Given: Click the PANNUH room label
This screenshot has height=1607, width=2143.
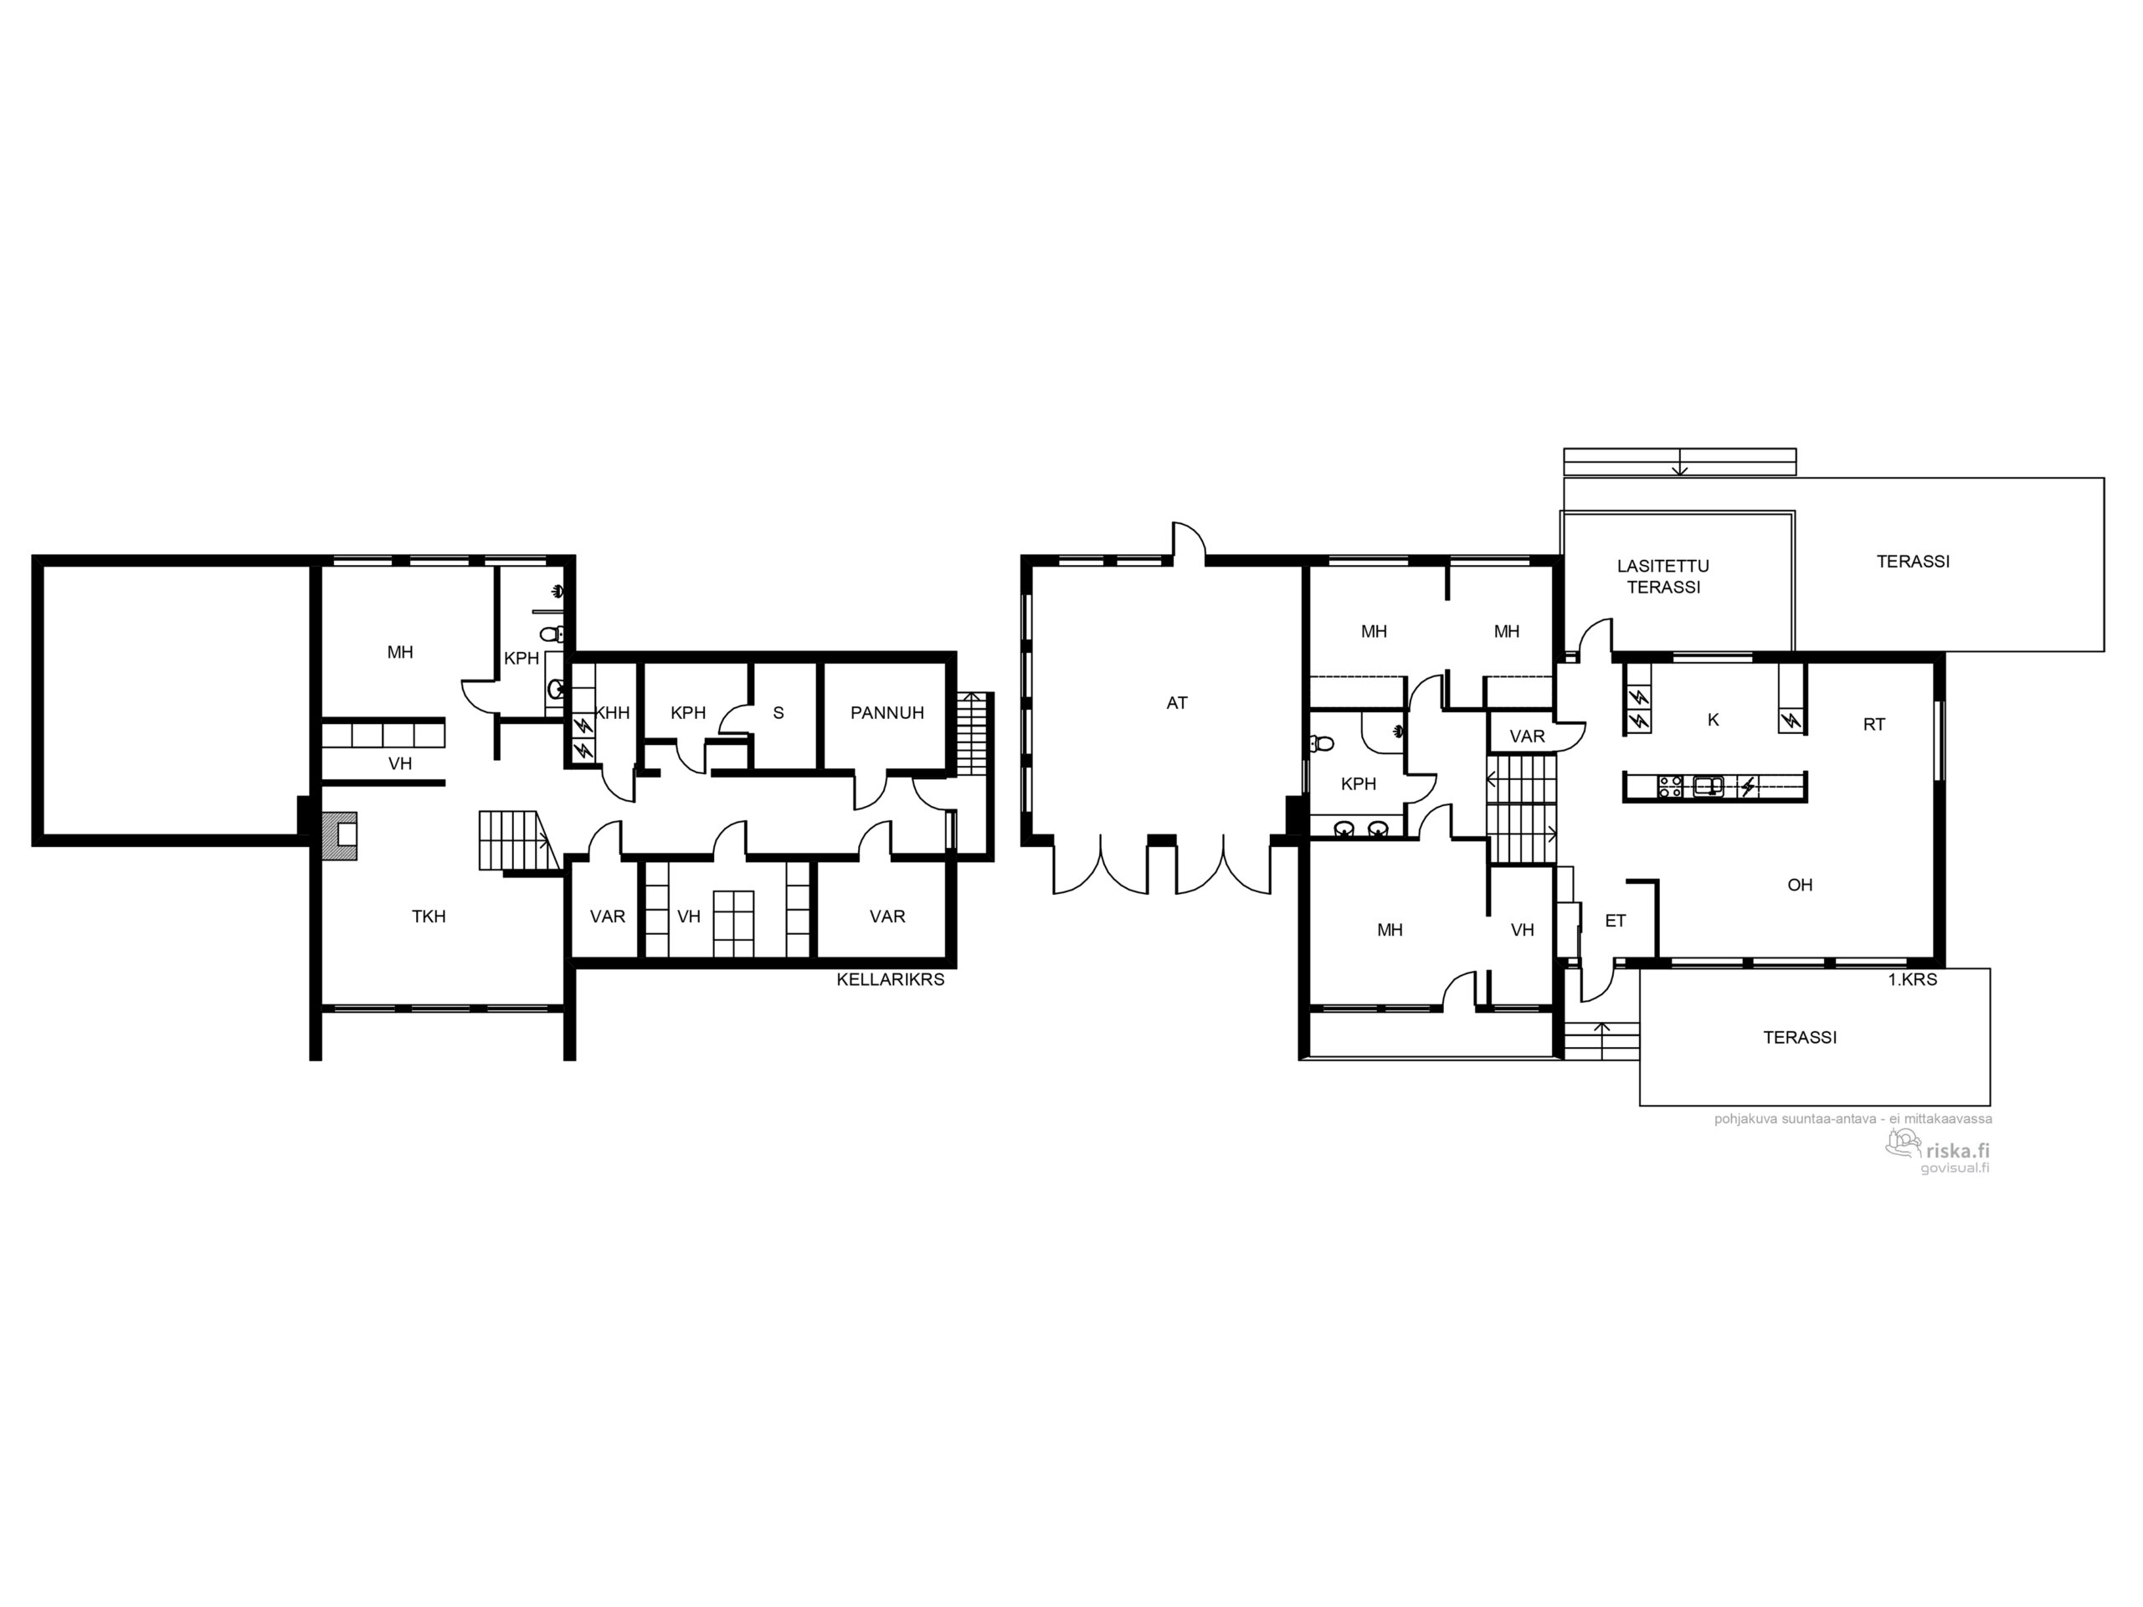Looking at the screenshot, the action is coord(886,713).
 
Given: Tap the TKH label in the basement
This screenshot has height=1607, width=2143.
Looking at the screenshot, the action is coord(429,916).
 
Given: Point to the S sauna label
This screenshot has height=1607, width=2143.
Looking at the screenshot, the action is coord(778,713).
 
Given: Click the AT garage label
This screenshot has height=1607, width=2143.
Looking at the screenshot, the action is coord(1176,703).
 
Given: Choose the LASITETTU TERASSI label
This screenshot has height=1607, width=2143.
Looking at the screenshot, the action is coord(1662,577).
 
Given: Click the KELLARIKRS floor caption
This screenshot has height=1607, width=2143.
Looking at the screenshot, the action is coord(891,979).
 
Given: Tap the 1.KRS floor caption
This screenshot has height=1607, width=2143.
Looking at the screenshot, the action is coord(1913,979).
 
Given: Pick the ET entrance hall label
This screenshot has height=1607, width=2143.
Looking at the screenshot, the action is coord(1615,922).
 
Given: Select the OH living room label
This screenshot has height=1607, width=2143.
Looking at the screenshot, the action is coord(1799,885).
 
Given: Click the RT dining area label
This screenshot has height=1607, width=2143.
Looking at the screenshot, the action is coord(1873,724).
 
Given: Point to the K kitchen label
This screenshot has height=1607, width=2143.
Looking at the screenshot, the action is coord(1713,720).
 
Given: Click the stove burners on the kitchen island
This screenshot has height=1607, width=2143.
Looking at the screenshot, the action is coord(1670,786).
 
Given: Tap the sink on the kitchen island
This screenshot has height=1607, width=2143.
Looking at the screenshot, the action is coord(1708,786).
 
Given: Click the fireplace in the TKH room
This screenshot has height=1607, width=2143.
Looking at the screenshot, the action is coord(340,835).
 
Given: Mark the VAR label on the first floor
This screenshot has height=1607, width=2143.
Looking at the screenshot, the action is coord(1527,737).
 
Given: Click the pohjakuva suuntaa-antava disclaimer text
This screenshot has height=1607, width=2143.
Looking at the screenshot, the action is coord(1853,1119).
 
